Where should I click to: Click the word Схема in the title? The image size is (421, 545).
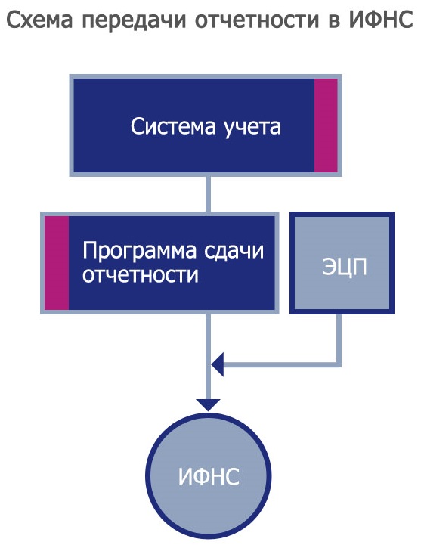tap(40, 20)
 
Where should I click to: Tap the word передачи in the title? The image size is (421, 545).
tap(135, 22)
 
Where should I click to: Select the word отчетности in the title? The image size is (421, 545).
tap(257, 20)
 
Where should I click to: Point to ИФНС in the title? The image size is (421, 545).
tap(382, 20)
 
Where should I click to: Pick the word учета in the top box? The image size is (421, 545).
tap(252, 127)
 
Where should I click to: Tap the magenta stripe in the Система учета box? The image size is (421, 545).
tap(326, 125)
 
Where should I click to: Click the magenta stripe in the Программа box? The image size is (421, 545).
tap(57, 263)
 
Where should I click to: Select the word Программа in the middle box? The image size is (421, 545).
tap(140, 251)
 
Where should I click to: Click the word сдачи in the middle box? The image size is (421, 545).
tap(234, 251)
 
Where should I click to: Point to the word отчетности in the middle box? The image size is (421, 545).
tap(141, 274)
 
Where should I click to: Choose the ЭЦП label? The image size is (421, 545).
tap(345, 267)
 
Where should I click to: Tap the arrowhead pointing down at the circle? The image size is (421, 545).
tap(209, 405)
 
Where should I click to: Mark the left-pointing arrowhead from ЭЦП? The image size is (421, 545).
tap(217, 364)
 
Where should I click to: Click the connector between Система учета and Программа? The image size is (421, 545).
tap(209, 194)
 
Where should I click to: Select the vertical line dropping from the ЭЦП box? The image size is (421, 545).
tap(339, 338)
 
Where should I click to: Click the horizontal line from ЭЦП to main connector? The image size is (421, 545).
tap(282, 364)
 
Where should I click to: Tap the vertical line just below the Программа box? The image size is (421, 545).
tap(209, 356)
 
